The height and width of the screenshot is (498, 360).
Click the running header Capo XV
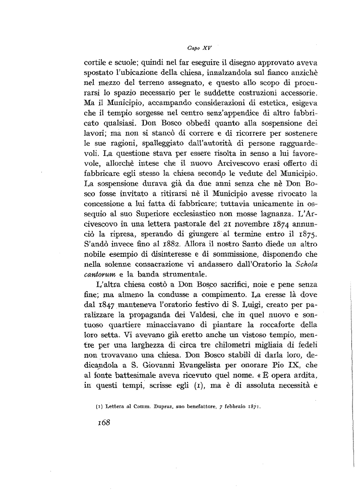(x=199, y=48)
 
